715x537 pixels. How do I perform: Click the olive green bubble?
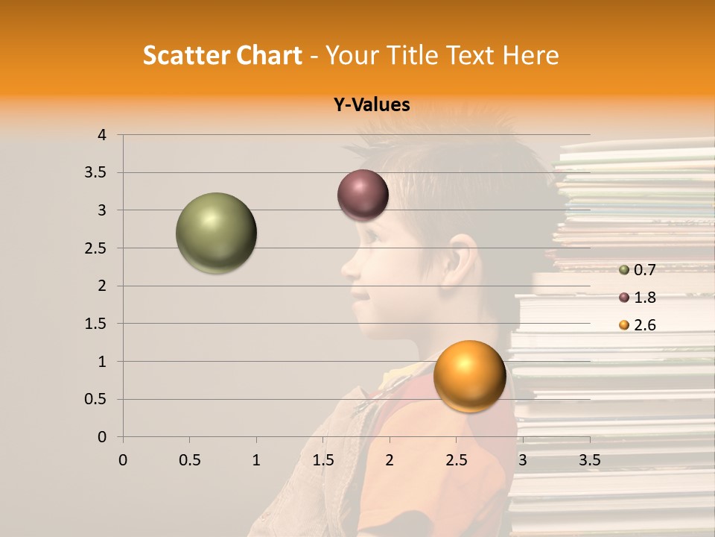216,233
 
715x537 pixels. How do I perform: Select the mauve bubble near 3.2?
363,195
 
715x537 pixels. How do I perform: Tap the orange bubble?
469,376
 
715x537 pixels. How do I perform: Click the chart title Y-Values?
371,105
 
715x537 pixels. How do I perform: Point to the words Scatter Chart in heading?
222,55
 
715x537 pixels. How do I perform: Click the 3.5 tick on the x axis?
589,460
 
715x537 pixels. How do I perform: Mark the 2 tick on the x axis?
390,460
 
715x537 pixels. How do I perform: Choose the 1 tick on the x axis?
256,460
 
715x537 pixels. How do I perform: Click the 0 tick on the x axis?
123,460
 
